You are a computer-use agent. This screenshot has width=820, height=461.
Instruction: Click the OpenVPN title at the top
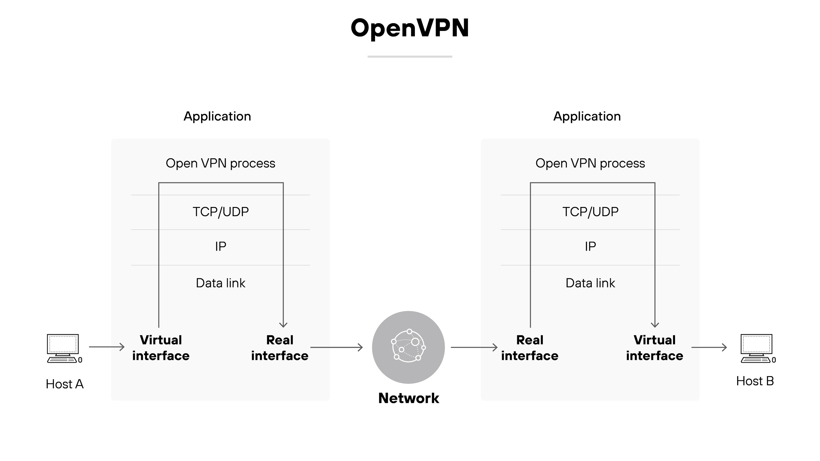point(410,28)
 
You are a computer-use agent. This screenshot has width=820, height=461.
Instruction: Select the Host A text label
point(65,384)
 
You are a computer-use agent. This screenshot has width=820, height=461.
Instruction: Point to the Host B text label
point(755,381)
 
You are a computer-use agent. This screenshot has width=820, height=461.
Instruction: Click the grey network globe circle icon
point(408,347)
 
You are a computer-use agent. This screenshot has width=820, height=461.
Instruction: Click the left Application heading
point(217,117)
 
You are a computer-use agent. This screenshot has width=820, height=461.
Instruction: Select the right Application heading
point(587,117)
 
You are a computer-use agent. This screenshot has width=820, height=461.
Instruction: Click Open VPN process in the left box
point(220,163)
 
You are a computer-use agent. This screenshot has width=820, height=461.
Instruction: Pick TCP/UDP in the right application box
point(590,212)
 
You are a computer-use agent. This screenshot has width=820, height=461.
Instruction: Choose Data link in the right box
point(590,283)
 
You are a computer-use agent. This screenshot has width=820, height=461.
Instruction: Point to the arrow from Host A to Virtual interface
point(107,347)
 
